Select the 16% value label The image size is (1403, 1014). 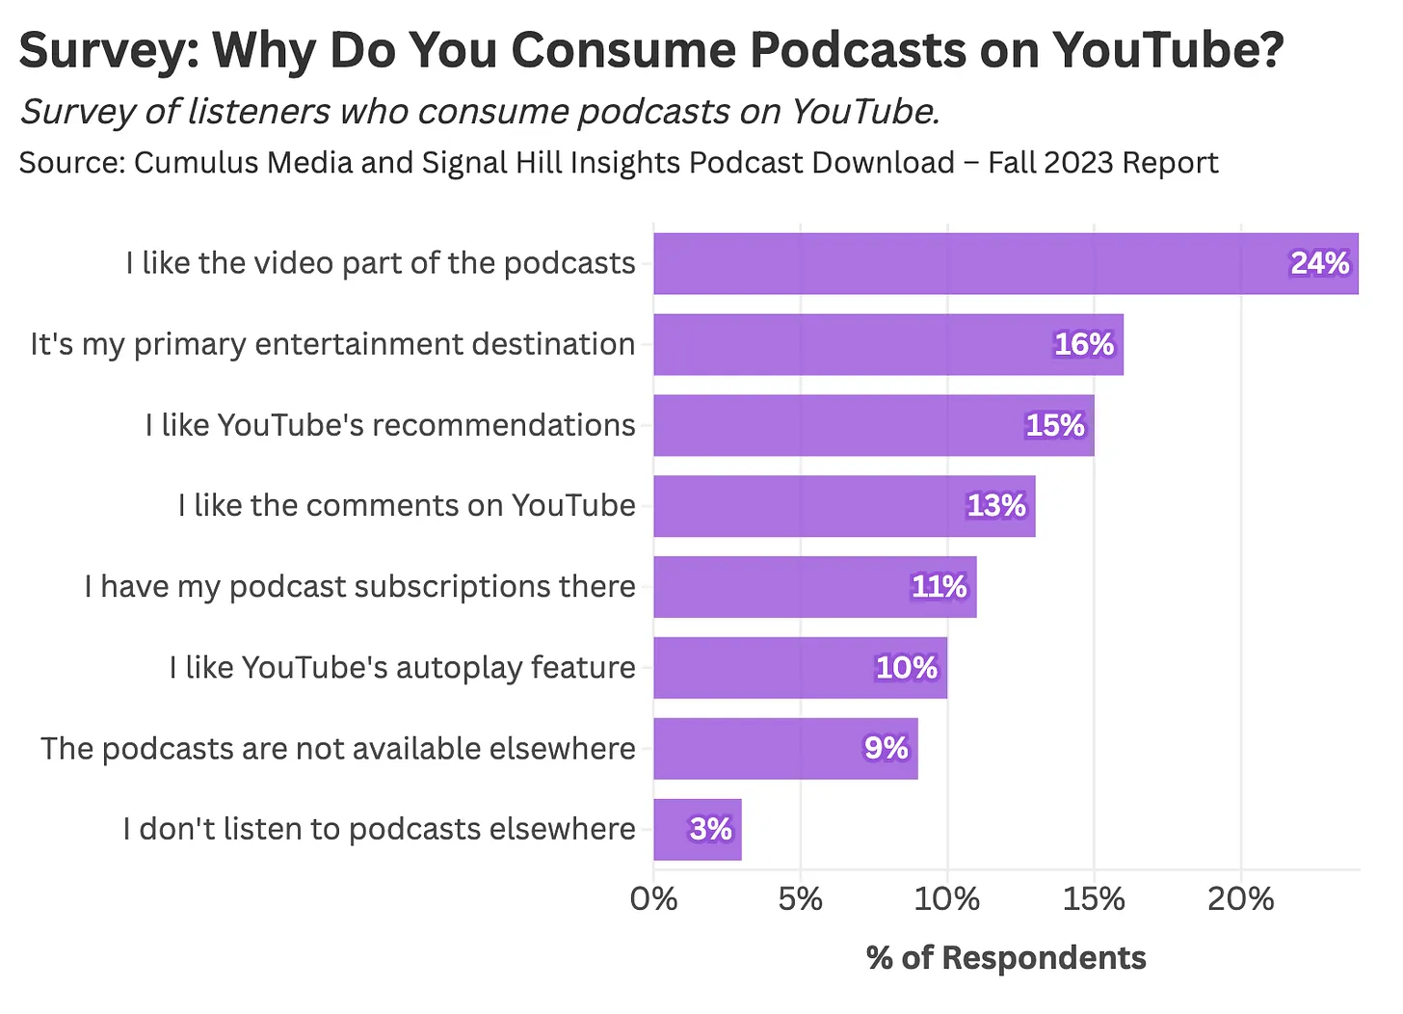click(x=1083, y=344)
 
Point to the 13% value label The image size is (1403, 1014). click(x=996, y=506)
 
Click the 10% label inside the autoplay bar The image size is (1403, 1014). click(x=906, y=668)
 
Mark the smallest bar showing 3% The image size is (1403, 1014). click(x=697, y=830)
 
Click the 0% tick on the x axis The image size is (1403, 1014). click(x=653, y=899)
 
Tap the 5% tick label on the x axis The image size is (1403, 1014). click(x=800, y=899)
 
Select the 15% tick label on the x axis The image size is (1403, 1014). click(x=1094, y=899)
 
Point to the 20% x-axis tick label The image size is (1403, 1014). click(x=1241, y=899)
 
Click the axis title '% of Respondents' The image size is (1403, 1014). click(x=1006, y=958)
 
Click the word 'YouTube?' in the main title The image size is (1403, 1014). click(x=1167, y=50)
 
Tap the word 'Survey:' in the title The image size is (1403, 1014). click(x=107, y=50)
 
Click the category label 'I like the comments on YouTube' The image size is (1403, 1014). click(x=407, y=506)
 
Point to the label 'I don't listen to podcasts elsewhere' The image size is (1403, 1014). click(x=379, y=830)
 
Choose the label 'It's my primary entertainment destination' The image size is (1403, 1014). click(x=332, y=344)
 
